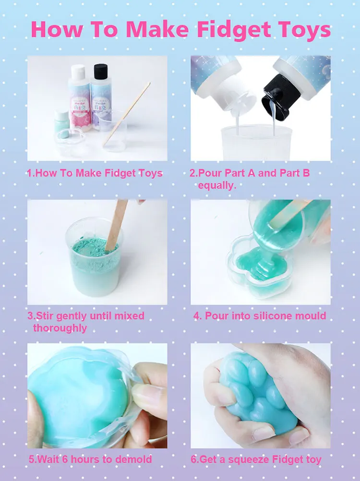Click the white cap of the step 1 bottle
[x=78, y=72]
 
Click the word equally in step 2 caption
[x=217, y=185]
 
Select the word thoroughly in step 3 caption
[x=60, y=328]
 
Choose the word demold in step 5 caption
[x=136, y=459]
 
